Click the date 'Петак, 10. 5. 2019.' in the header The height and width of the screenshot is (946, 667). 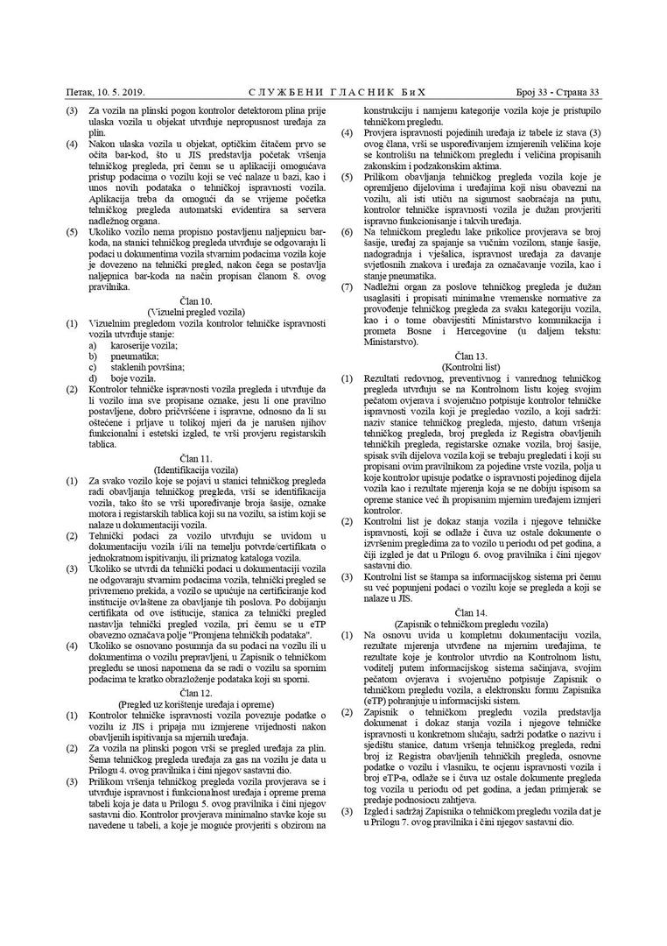[105, 92]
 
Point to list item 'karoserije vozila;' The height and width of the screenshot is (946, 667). [144, 346]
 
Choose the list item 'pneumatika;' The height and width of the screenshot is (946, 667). [135, 357]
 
